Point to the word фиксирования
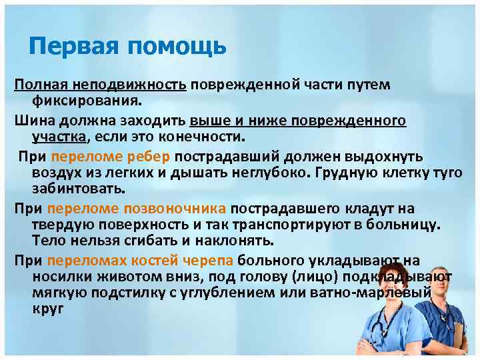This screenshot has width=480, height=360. (87, 101)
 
